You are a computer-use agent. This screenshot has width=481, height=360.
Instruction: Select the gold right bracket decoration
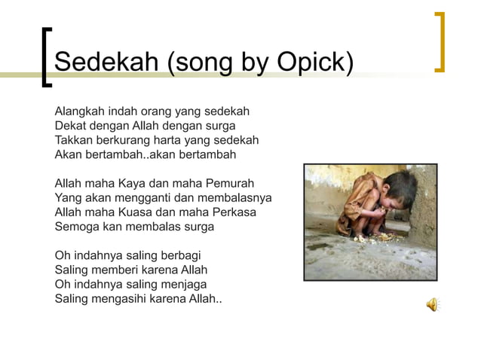(440, 42)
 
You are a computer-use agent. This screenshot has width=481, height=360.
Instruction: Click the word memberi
(118, 269)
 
